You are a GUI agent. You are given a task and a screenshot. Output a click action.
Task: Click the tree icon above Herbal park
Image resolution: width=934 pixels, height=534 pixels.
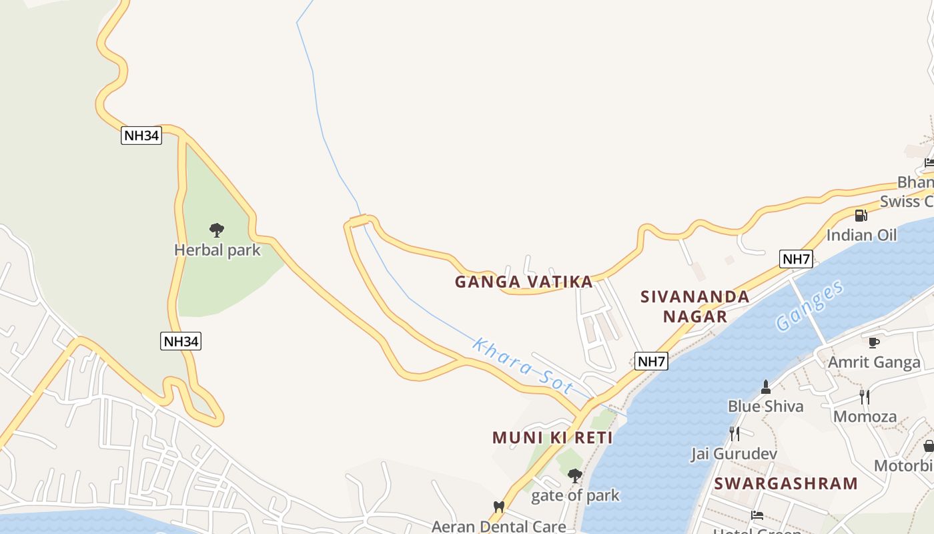click(x=216, y=231)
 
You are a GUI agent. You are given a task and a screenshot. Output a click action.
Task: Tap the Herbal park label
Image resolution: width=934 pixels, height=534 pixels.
click(x=217, y=250)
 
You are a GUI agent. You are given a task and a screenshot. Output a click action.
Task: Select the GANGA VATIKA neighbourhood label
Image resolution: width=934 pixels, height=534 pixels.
click(x=524, y=282)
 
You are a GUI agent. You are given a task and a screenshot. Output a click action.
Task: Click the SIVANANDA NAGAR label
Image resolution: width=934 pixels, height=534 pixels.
click(x=694, y=306)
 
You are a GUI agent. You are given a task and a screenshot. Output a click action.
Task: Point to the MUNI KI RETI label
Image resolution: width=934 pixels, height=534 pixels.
click(x=552, y=438)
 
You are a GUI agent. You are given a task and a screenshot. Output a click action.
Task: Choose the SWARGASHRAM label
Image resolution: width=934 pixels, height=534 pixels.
click(x=786, y=483)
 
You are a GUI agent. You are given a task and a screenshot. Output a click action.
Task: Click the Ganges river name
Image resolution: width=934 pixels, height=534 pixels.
click(x=810, y=306)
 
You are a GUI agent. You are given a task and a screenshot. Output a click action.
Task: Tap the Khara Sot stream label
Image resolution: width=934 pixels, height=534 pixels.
click(x=522, y=366)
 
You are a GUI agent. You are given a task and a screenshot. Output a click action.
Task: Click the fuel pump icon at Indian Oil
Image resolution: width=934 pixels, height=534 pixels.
click(x=861, y=216)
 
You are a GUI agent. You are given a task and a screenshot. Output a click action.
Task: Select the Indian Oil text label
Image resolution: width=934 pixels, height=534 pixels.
click(x=861, y=235)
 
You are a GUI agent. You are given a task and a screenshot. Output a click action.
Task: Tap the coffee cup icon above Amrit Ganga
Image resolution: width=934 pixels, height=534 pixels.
click(x=873, y=343)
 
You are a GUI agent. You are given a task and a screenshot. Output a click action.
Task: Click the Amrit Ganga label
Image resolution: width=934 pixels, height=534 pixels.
click(x=874, y=362)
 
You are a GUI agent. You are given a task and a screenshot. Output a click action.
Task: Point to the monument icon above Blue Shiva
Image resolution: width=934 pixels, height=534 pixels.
click(x=765, y=387)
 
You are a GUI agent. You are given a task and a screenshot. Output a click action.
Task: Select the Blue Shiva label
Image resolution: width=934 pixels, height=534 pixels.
click(x=765, y=406)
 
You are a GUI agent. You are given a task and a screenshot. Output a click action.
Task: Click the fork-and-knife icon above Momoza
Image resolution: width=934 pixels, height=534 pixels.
click(x=865, y=397)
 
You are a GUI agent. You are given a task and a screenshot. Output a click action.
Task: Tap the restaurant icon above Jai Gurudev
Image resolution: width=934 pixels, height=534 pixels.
click(x=734, y=434)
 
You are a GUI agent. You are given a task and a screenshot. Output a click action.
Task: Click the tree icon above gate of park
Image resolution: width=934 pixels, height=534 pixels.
click(x=574, y=476)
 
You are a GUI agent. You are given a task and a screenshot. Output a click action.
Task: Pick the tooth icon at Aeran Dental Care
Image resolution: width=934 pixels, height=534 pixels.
click(x=498, y=507)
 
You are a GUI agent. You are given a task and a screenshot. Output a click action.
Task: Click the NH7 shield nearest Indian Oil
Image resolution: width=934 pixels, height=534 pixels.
click(x=796, y=259)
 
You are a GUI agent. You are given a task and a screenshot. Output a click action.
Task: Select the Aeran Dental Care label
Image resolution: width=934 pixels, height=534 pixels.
click(x=498, y=526)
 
